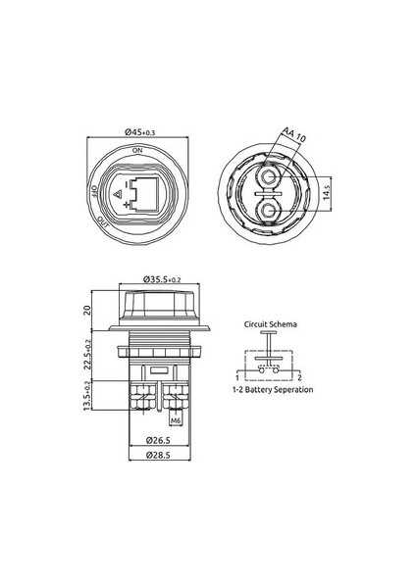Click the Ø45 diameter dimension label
coord(139,132)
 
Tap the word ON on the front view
coord(137,150)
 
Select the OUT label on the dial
coord(102,221)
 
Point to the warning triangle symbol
coord(117,195)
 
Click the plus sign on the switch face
coord(127,205)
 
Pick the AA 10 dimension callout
coord(293,134)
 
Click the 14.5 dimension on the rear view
coord(327,192)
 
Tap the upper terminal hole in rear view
coord(268,176)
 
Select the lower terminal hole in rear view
coord(268,212)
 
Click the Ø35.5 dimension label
coord(162,279)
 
